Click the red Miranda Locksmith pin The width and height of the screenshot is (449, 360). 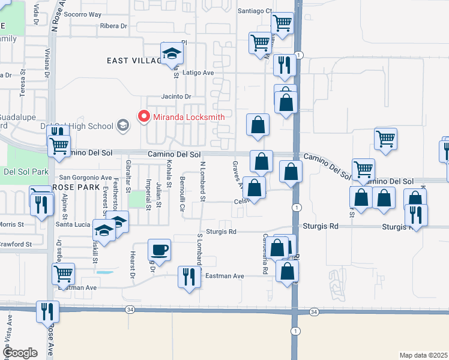coord(144,116)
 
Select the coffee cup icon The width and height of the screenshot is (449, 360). coord(160,249)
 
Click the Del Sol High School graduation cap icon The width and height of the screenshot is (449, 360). coord(123,125)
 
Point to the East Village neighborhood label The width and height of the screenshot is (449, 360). coord(134,61)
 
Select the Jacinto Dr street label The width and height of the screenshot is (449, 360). coord(176,97)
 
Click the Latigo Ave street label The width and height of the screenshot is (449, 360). coord(199,73)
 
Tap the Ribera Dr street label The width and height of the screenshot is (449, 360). coord(114,26)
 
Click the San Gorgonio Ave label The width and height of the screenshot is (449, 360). coord(85,178)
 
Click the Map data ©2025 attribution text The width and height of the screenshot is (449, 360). coord(423,355)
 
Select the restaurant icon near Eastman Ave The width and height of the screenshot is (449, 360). coord(188,277)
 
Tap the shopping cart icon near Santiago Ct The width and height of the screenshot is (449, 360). coord(282,23)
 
